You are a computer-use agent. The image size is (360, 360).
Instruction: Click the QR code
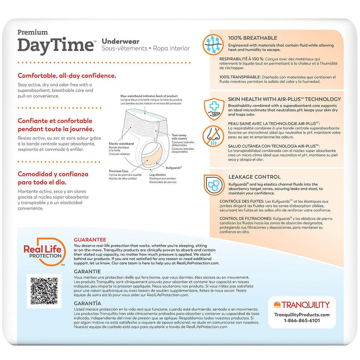pos(44,291)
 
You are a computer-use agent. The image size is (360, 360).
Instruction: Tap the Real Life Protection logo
pos(44,251)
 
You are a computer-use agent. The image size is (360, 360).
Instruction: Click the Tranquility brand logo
pos(302,305)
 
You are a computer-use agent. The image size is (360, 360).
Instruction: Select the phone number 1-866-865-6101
pos(302,321)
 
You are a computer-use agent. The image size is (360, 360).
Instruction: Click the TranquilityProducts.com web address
pos(302,315)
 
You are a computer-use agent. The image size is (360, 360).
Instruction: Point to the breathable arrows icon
pos(213,45)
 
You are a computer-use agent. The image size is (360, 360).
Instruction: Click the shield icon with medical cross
pos(214,109)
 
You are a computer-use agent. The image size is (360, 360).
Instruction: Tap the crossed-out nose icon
pos(213,136)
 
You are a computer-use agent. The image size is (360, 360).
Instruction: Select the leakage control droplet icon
pos(214,185)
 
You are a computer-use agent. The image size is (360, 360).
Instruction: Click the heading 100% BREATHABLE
pos(252,38)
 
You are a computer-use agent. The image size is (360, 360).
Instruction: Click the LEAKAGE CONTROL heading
pos(254,177)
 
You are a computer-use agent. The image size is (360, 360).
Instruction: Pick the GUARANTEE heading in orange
pos(90,240)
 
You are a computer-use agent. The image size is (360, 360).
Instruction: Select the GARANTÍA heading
pos(87,303)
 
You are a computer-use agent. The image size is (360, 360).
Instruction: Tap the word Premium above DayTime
pos(33,32)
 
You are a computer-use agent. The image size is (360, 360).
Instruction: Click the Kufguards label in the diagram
pos(173,168)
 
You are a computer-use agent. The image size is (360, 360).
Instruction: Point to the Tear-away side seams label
pos(179,137)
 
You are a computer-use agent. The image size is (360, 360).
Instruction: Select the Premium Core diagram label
pos(119,171)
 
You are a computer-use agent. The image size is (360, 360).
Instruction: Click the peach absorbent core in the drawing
pos(152,156)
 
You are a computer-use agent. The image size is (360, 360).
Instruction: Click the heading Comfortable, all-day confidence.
pos(67,76)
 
